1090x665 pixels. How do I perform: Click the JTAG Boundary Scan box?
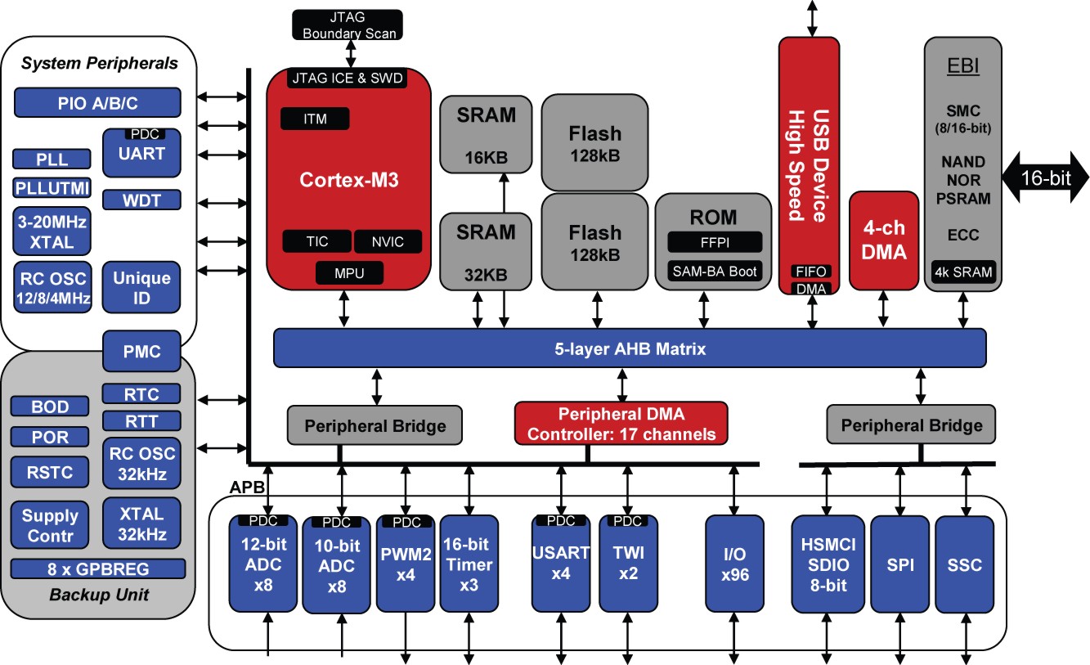coord(348,25)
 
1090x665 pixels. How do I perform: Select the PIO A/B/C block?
coord(97,103)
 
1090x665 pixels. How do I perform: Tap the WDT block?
coord(141,200)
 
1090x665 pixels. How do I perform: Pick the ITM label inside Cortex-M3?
coord(315,119)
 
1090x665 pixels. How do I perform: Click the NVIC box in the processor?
coord(388,241)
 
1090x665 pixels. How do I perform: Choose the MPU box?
coord(349,273)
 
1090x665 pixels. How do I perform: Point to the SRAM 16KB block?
coord(486,134)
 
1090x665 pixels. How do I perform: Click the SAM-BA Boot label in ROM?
coord(715,272)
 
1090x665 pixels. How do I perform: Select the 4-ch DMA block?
coord(884,240)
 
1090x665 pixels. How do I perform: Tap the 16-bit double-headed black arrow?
coord(1045,177)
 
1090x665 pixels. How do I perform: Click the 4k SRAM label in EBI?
coord(963,272)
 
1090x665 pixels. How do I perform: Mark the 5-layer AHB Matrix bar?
coord(630,348)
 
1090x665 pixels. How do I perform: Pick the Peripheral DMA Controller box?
coord(621,424)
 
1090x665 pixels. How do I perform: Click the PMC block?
coord(141,351)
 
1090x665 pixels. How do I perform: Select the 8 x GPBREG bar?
coord(98,568)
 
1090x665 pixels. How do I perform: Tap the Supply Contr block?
coord(50,525)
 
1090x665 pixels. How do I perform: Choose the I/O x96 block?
coord(734,564)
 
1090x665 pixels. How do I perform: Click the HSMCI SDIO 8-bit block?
coord(828,564)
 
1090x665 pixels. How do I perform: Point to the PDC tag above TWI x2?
coord(628,521)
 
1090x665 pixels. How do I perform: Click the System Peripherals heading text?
coord(99,63)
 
